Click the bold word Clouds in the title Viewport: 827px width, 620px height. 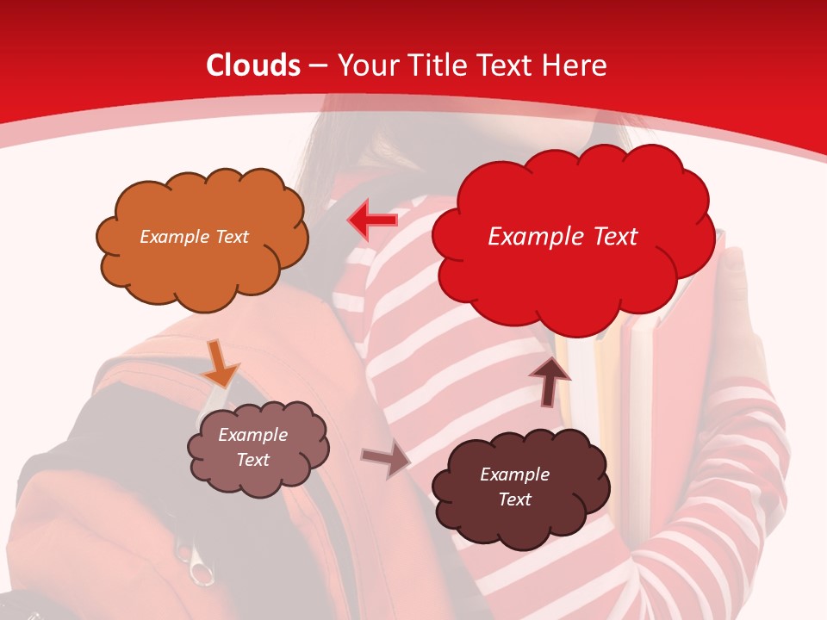[x=253, y=65]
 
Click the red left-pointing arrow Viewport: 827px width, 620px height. [x=372, y=220]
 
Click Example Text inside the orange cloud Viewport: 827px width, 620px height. [x=194, y=236]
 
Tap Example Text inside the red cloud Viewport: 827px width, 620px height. [x=563, y=236]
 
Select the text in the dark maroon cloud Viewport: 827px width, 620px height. [x=514, y=487]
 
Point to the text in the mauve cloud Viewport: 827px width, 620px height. [x=252, y=447]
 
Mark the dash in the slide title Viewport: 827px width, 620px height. [x=318, y=66]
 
